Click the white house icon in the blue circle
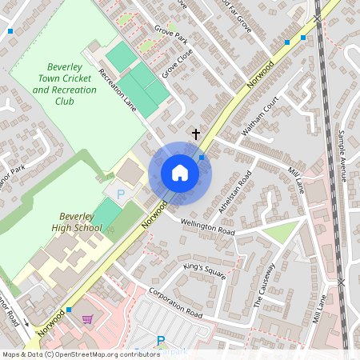point(180,173)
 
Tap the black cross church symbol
point(196,134)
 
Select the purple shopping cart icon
point(87,319)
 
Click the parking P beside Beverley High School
point(122,194)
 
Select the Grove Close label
point(178,64)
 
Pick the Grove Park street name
point(170,37)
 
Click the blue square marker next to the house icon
point(202,158)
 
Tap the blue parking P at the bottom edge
point(161,341)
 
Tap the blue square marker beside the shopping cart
point(70,309)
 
